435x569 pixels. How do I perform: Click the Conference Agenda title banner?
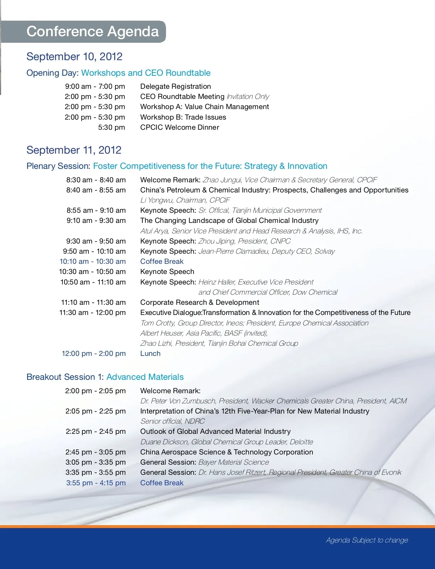click(92, 32)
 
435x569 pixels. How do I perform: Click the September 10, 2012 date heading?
click(74, 57)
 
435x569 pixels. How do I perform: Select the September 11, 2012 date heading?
click(74, 150)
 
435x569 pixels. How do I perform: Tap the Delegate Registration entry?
click(175, 86)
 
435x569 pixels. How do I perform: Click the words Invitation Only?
click(248, 96)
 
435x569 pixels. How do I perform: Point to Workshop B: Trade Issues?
click(183, 117)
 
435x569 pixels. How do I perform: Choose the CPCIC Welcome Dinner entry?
click(179, 127)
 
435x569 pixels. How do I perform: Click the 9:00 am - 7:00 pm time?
click(95, 86)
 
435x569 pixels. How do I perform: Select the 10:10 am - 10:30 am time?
click(92, 261)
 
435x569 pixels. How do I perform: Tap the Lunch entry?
click(150, 353)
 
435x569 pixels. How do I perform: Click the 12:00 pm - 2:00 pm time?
click(94, 353)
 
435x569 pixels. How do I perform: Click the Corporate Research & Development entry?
click(199, 302)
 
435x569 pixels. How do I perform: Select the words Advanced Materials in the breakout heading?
click(145, 377)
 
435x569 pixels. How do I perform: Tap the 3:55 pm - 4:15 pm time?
click(96, 483)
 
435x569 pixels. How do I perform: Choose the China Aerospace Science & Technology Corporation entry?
click(227, 452)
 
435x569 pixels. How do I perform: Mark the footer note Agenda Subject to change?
click(367, 540)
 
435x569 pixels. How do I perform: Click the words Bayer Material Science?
click(234, 462)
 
